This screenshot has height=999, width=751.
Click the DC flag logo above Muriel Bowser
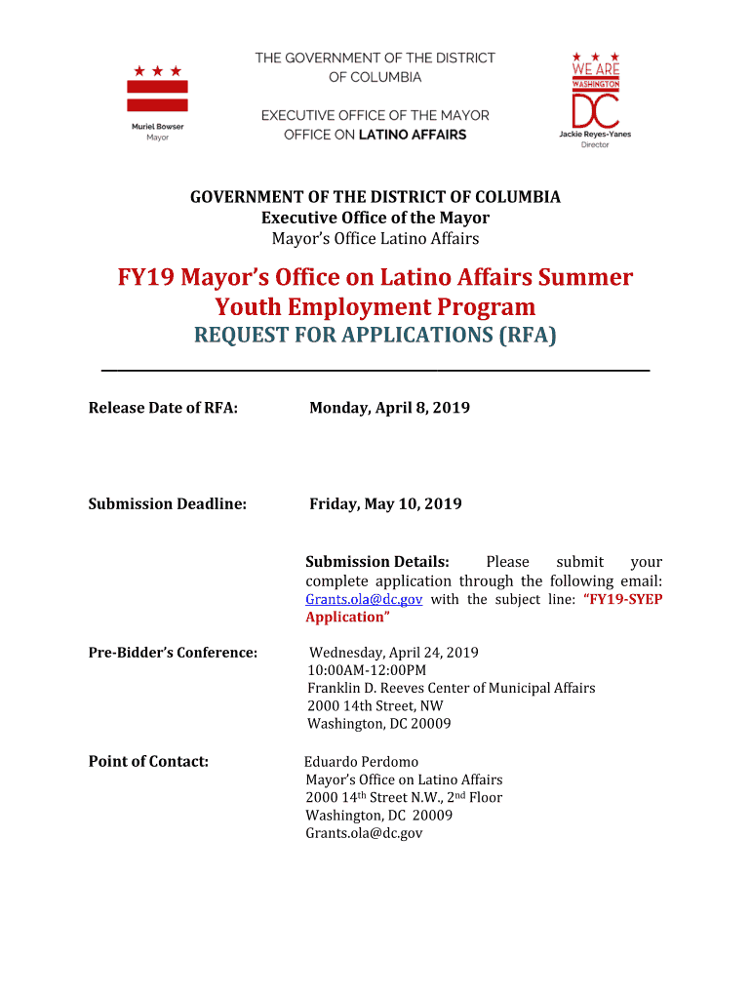(157, 90)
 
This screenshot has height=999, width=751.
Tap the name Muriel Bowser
(157, 127)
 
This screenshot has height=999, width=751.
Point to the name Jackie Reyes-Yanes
(595, 134)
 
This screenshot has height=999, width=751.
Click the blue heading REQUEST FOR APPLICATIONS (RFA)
(375, 337)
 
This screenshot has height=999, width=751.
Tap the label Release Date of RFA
(163, 408)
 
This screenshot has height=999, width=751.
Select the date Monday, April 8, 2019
(389, 408)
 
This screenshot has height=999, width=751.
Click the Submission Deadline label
(167, 504)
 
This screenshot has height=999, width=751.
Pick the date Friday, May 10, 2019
(385, 504)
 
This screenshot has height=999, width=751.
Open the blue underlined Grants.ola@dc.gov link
(364, 599)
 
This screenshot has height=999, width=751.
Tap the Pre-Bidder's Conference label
(173, 653)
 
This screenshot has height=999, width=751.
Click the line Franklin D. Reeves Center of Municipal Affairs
(451, 688)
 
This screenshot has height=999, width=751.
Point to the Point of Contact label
(148, 761)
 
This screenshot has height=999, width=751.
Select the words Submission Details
(377, 562)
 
